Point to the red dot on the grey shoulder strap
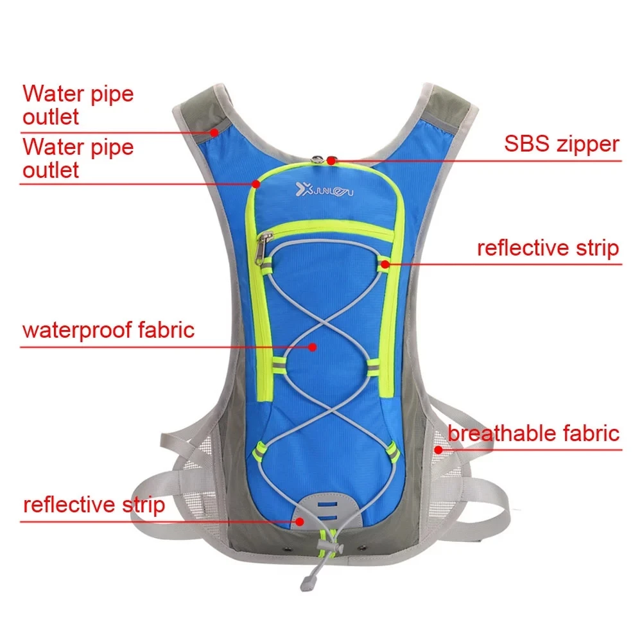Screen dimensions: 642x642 click(x=214, y=132)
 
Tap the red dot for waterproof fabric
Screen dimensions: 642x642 click(x=313, y=347)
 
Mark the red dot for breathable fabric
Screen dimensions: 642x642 click(x=439, y=449)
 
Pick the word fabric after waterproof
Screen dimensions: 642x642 click(x=166, y=331)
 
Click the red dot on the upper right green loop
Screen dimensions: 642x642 click(x=384, y=263)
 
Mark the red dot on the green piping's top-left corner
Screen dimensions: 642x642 click(x=256, y=184)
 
